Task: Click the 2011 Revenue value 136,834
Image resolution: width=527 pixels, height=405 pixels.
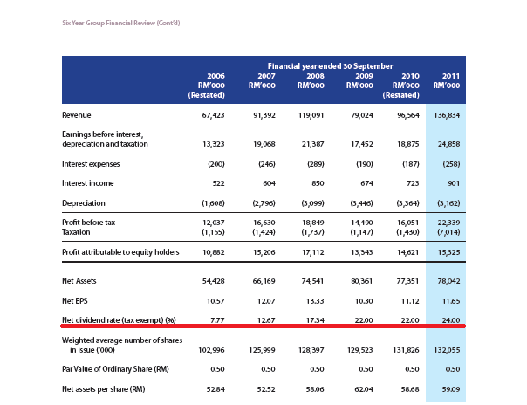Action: pyautogui.click(x=446, y=115)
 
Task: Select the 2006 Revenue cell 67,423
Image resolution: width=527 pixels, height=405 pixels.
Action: pyautogui.click(x=213, y=115)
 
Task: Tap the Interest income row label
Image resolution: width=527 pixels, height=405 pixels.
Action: pyautogui.click(x=88, y=183)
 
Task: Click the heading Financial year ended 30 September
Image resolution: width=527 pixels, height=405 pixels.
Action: pyautogui.click(x=330, y=65)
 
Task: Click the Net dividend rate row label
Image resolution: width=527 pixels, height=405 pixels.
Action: pyautogui.click(x=120, y=320)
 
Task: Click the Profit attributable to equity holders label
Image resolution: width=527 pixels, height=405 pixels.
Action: pyautogui.click(x=120, y=252)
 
